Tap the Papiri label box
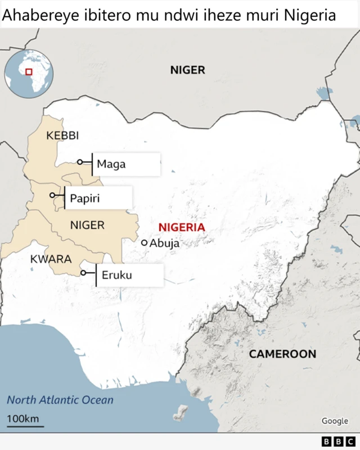99,198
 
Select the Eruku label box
130,276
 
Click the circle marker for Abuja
145,242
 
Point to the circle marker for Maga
80,162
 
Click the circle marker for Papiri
53,195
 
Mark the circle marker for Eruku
83,273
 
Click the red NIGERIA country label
182,227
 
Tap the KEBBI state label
62,136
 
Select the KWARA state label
51,259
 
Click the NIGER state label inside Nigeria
87,226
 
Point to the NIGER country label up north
187,70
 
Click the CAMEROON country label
282,354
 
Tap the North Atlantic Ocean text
60,400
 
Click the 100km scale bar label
22,418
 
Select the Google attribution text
335,421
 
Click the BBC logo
339,442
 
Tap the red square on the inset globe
29,71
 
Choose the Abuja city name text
164,244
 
